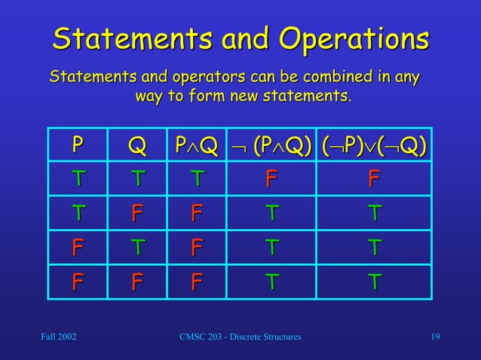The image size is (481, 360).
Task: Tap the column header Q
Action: click(x=137, y=144)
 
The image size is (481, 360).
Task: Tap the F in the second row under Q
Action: click(x=137, y=215)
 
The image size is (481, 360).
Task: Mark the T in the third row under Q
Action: click(x=137, y=249)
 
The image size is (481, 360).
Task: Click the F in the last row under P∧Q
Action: click(x=196, y=282)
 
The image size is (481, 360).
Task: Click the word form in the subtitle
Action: click(x=194, y=97)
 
